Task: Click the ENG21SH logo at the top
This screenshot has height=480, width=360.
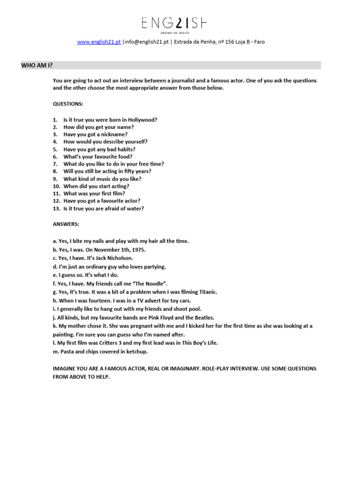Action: point(174,23)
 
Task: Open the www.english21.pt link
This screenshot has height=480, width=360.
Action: point(99,42)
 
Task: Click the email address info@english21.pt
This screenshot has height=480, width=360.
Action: point(143,42)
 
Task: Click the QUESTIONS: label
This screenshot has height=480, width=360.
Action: point(68,103)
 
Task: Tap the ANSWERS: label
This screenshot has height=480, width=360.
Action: point(66,224)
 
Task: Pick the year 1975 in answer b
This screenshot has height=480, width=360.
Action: point(136,250)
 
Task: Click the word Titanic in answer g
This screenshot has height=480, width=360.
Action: point(206,292)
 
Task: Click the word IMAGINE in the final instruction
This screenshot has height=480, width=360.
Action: point(65,368)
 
